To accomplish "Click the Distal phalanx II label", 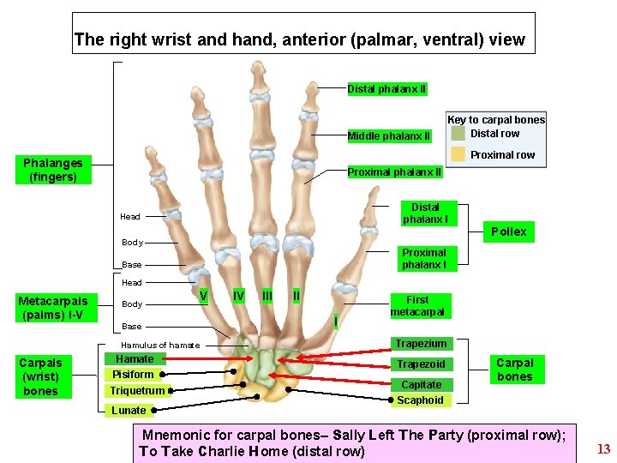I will click(386, 89).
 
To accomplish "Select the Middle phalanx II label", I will click(389, 136).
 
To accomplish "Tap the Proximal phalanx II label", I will click(394, 172).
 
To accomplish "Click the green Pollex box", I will click(509, 231).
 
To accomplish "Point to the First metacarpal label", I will click(417, 306).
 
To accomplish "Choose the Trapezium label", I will click(421, 344).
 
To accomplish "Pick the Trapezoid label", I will click(422, 364).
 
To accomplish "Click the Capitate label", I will click(422, 385).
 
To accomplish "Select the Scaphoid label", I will click(421, 400).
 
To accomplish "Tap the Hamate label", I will click(135, 359).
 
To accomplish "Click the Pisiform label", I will click(134, 375).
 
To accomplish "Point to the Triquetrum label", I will click(137, 391).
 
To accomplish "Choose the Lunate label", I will click(129, 411).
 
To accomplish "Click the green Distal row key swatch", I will click(458, 134).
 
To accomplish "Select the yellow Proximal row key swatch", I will click(458, 154).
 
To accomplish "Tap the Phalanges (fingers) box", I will click(53, 170).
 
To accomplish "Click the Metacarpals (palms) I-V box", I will click(53, 308).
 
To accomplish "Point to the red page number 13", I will click(603, 448).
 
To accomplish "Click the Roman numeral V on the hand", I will click(203, 297).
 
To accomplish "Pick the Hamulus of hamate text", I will click(160, 346).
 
